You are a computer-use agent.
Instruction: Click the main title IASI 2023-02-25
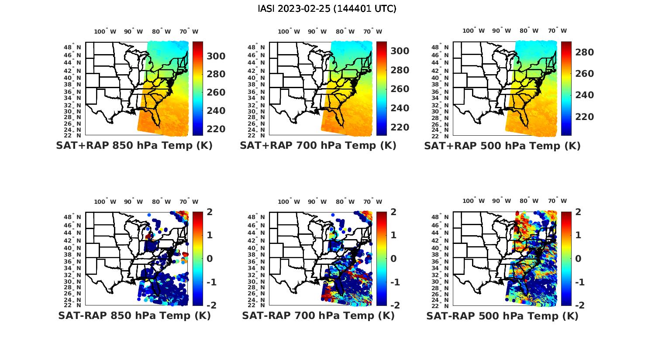[327, 9]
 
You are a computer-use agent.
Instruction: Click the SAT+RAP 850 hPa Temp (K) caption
[134, 146]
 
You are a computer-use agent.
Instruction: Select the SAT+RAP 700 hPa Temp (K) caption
[318, 146]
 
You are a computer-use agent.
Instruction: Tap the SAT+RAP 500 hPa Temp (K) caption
[502, 146]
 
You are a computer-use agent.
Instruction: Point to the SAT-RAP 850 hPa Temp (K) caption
[134, 315]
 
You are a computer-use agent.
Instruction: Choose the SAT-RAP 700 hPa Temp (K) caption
[318, 315]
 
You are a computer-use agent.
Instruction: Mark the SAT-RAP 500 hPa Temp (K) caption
[502, 315]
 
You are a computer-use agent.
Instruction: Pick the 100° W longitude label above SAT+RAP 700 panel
[289, 31]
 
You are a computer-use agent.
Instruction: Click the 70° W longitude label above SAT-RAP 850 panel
[189, 202]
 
